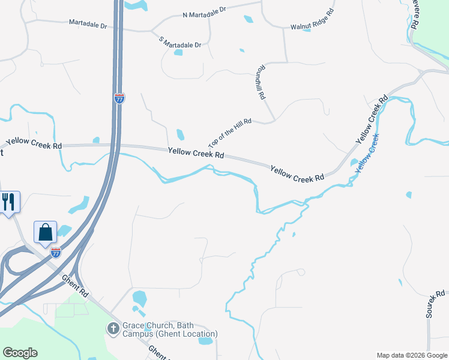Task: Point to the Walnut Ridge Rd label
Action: pyautogui.click(x=312, y=19)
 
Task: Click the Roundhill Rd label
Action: pyautogui.click(x=260, y=82)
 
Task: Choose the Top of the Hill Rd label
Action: pyautogui.click(x=229, y=133)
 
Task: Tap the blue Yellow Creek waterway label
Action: pyautogui.click(x=367, y=154)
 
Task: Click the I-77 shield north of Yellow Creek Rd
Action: pyautogui.click(x=119, y=98)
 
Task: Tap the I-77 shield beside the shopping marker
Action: pyautogui.click(x=55, y=252)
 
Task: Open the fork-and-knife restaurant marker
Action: pyautogui.click(x=8, y=202)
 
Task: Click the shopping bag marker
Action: pyautogui.click(x=46, y=232)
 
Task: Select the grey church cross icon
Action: pyautogui.click(x=113, y=328)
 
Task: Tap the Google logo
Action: pyautogui.click(x=20, y=353)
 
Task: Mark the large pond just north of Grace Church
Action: pyautogui.click(x=139, y=298)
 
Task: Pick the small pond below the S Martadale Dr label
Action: pyautogui.click(x=178, y=52)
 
